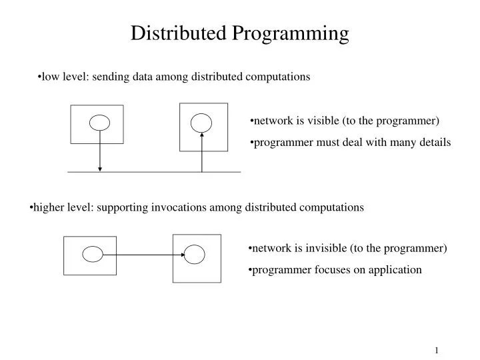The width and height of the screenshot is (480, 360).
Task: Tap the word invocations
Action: [x=179, y=207]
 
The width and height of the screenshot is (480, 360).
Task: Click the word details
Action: [x=435, y=142]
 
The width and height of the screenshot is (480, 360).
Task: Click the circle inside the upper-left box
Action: [x=100, y=123]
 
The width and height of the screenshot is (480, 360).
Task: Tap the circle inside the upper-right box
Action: [x=201, y=122]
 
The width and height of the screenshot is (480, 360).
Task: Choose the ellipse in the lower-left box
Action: [x=93, y=254]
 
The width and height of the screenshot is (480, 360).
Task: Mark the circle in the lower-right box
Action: [x=195, y=254]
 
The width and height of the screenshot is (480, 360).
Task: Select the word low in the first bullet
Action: [x=50, y=77]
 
